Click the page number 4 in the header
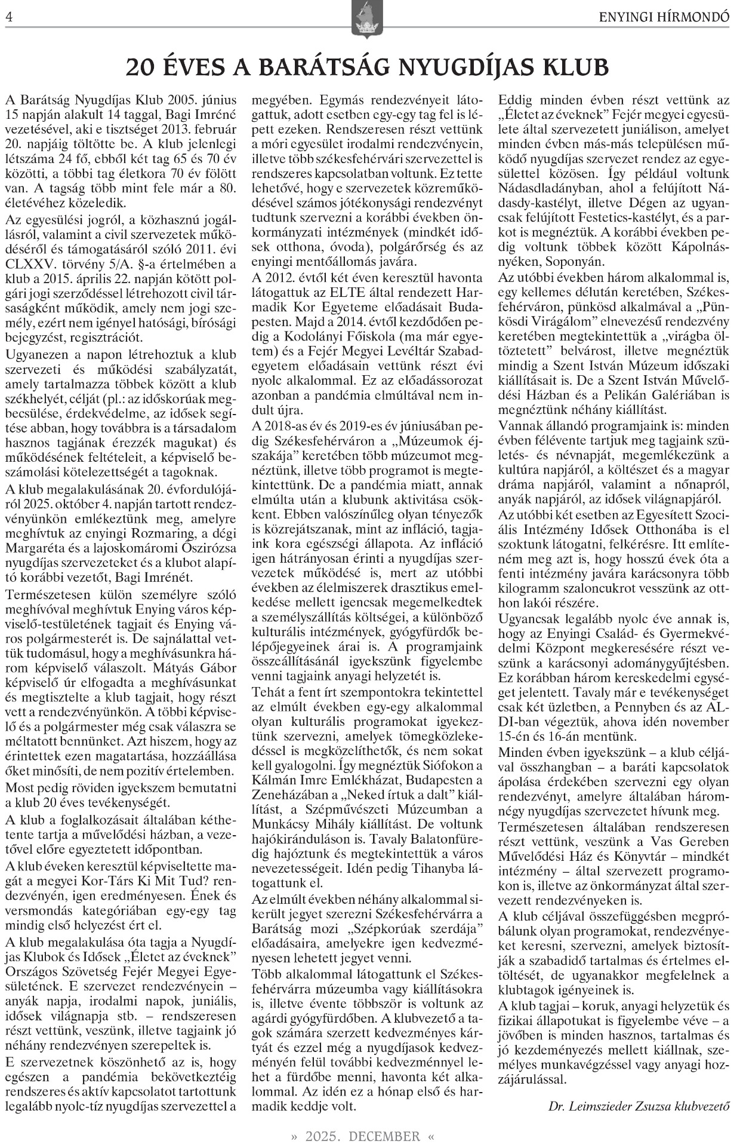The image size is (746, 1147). point(8,18)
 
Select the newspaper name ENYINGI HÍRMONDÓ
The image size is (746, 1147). point(664,19)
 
